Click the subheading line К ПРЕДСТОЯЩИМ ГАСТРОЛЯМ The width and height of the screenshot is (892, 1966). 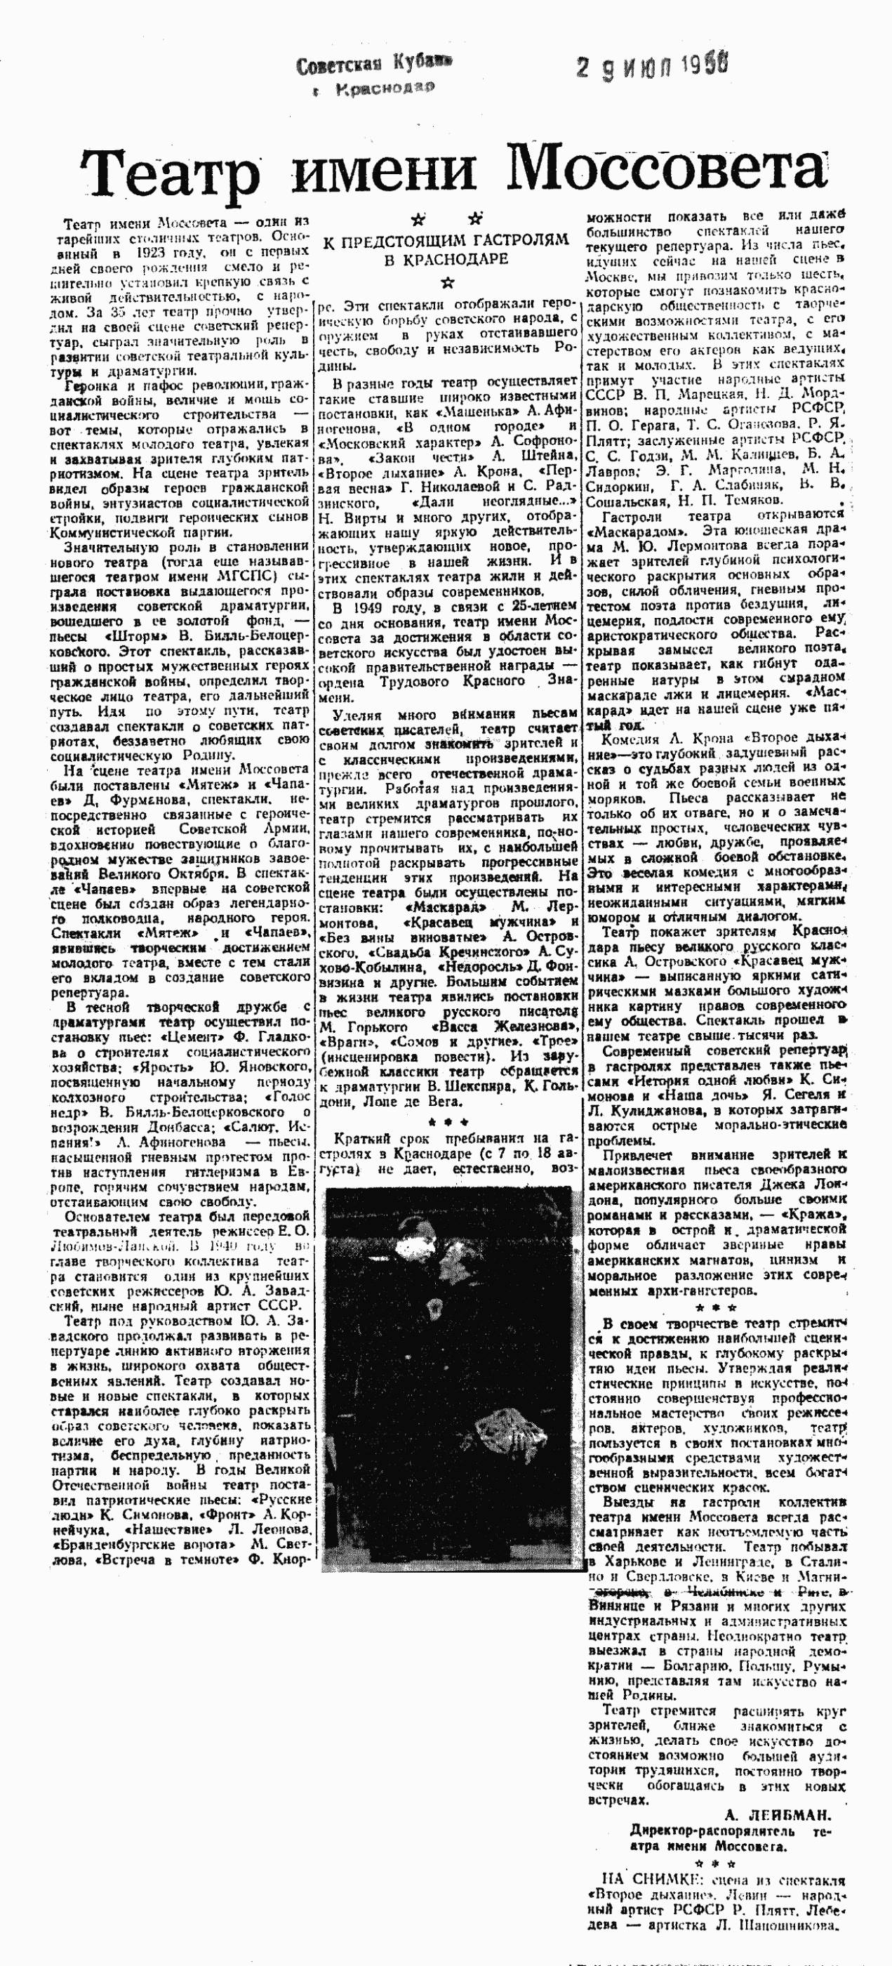[x=446, y=240]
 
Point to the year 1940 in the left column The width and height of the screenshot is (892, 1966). [x=209, y=1246]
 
